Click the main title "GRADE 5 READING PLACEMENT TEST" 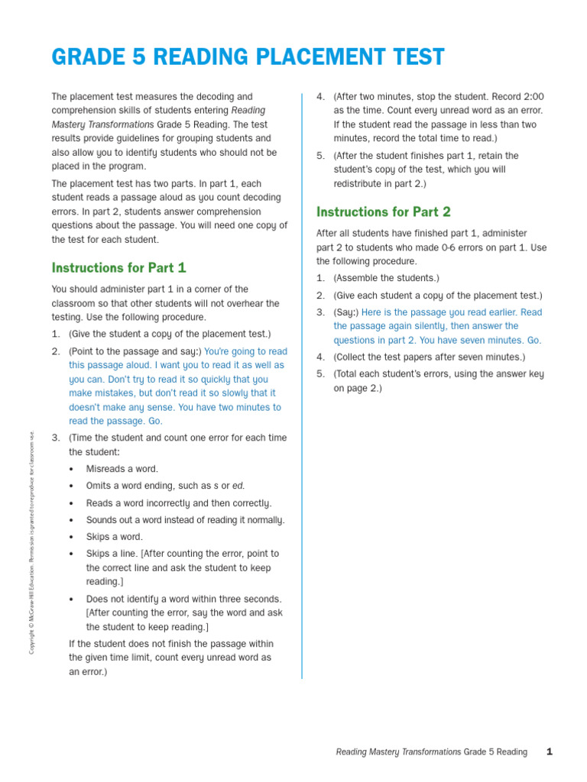pos(248,57)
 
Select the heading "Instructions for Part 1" pos(118,268)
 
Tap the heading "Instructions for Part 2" pos(384,212)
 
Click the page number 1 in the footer pos(549,752)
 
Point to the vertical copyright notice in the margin pos(32,542)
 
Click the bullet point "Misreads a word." pos(122,469)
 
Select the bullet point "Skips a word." pos(114,537)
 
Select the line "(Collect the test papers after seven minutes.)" pos(429,357)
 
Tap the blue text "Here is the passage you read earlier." pos(440,312)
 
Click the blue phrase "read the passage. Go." pos(115,421)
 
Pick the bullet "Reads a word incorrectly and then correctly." pos(178,503)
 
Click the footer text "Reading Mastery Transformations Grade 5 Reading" pos(431,752)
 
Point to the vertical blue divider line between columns pos(302,382)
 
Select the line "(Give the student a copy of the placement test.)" pos(169,334)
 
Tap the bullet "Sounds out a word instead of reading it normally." pos(185,520)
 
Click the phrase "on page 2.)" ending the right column pos(357,388)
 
